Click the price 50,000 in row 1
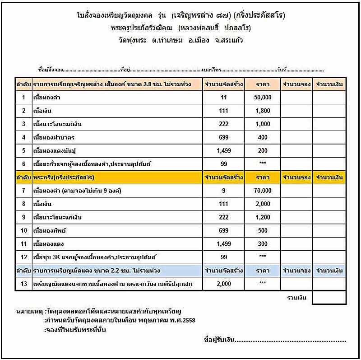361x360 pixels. pyautogui.click(x=263, y=97)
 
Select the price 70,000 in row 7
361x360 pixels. pyautogui.click(x=263, y=191)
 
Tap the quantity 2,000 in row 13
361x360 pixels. pyautogui.click(x=224, y=284)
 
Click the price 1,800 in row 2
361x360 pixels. pyautogui.click(x=263, y=111)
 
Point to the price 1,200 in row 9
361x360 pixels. pyautogui.click(x=263, y=217)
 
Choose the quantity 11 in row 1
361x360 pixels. pyautogui.click(x=224, y=97)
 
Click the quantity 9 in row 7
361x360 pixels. pyautogui.click(x=224, y=191)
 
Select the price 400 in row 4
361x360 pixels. pyautogui.click(x=263, y=137)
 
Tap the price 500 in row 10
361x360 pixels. pyautogui.click(x=263, y=230)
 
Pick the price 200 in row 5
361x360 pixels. pyautogui.click(x=263, y=150)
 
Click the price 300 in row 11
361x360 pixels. pyautogui.click(x=263, y=244)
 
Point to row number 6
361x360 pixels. pyautogui.click(x=23, y=164)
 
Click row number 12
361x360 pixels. pyautogui.click(x=23, y=257)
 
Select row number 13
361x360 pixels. pyautogui.click(x=23, y=284)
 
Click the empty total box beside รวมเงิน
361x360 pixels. pyautogui.click(x=329, y=298)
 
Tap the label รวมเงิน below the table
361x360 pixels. pyautogui.click(x=297, y=298)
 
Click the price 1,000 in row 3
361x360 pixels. pyautogui.click(x=263, y=124)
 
